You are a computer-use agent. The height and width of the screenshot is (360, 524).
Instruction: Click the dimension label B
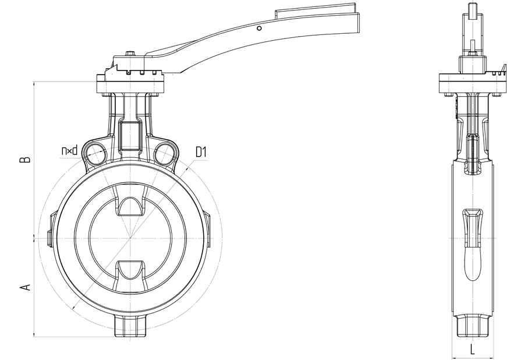(x=26, y=159)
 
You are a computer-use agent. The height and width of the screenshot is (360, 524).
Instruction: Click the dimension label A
(x=26, y=287)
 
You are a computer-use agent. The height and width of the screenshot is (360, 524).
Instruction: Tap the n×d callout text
(x=69, y=150)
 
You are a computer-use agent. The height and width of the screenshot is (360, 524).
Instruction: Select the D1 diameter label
(x=201, y=153)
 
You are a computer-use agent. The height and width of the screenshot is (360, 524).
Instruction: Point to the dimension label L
(x=472, y=350)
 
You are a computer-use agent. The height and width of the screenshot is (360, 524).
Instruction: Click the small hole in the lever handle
(x=259, y=29)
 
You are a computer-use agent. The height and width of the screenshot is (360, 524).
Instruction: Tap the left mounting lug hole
(x=95, y=153)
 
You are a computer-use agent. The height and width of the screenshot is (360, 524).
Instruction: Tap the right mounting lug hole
(x=164, y=153)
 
